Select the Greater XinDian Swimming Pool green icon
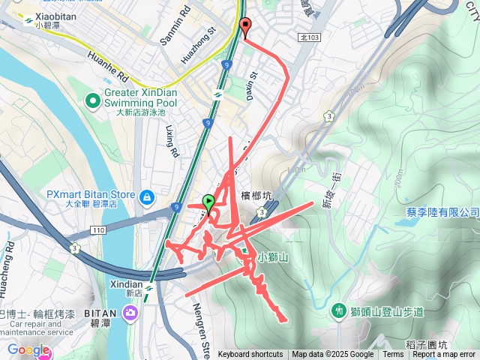coord(93,99)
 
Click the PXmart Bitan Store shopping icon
coord(147,196)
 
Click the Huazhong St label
coord(199,46)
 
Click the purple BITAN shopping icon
coord(132,312)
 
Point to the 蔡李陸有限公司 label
coord(442,212)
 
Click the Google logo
coord(28,350)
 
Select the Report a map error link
coord(444,355)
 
